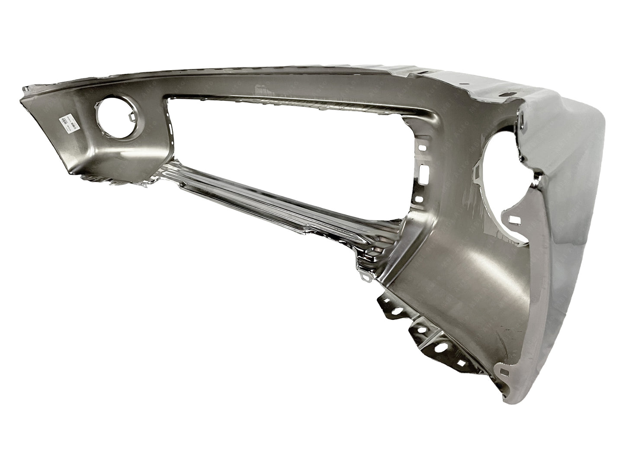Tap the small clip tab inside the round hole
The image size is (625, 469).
click(x=131, y=116)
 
